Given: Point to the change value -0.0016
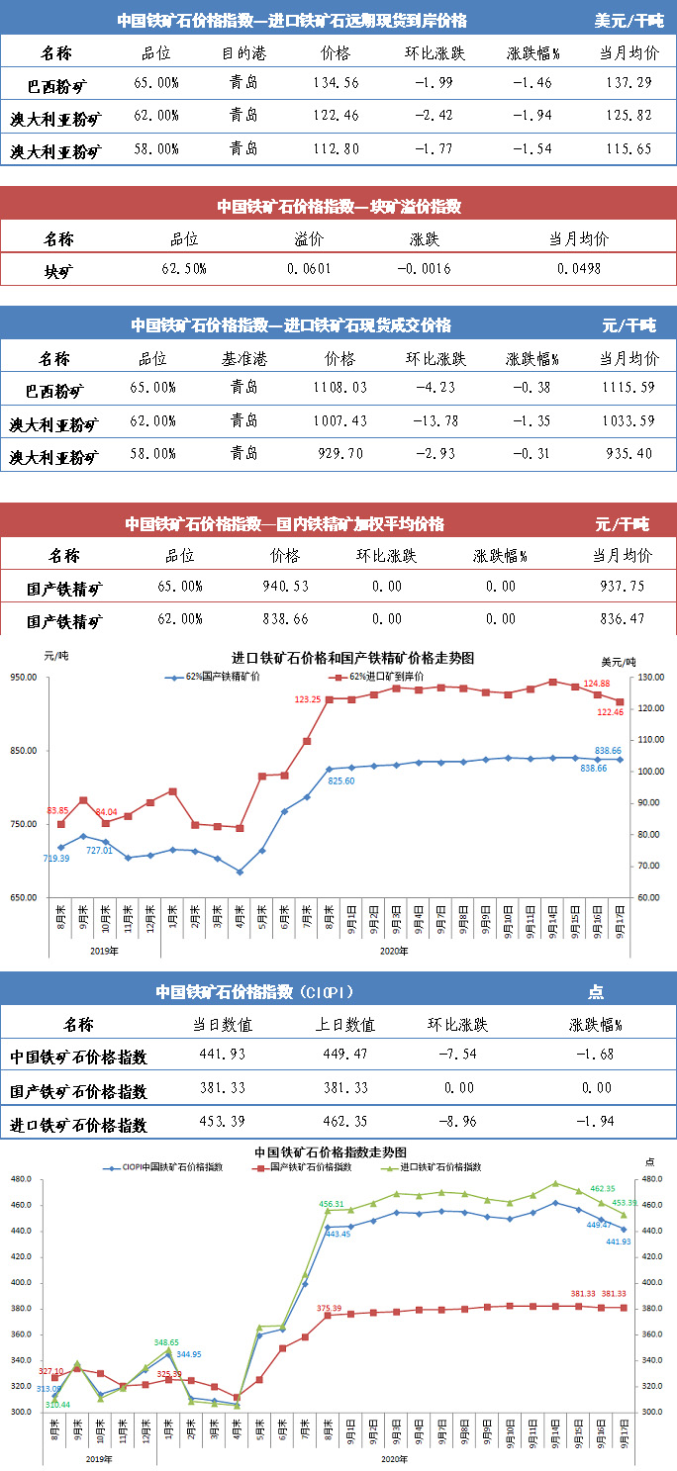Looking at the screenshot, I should coord(425,268).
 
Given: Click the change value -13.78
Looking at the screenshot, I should coord(433,421).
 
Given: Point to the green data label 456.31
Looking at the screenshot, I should coord(333,1204).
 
